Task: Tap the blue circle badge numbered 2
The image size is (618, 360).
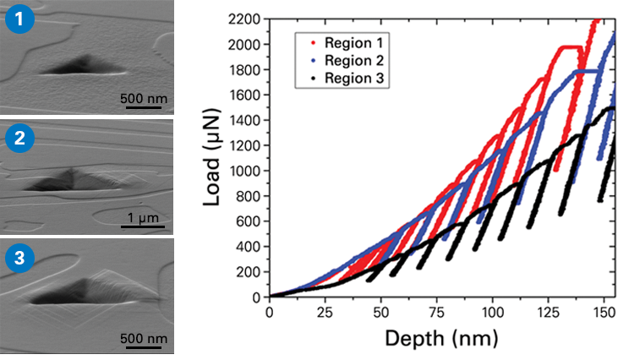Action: (x=19, y=139)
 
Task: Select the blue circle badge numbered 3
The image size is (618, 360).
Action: (x=19, y=259)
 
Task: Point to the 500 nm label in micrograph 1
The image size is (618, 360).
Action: (x=144, y=99)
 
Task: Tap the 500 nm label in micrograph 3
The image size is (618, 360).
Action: (x=144, y=338)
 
